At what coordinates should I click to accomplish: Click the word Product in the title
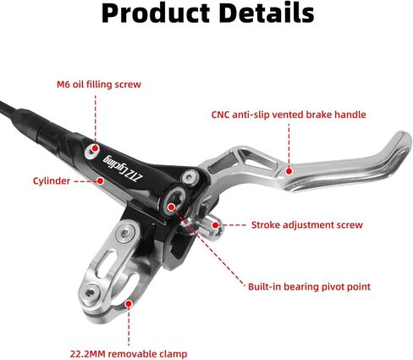(x=156, y=14)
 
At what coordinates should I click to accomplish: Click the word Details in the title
(x=267, y=13)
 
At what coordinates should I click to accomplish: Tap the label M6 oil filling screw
(x=99, y=85)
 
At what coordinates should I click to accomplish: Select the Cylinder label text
(x=52, y=181)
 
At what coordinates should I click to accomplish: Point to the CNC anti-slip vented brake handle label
(x=289, y=114)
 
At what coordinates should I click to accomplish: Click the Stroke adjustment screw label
(x=307, y=225)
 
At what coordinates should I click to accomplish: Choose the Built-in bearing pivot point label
(x=309, y=287)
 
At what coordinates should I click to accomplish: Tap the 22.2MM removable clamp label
(x=129, y=354)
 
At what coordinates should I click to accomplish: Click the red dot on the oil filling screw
(x=96, y=148)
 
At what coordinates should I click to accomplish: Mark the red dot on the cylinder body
(x=100, y=180)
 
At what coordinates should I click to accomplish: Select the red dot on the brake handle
(x=289, y=171)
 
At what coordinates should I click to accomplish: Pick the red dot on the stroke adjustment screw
(x=216, y=225)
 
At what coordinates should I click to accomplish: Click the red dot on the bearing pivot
(x=171, y=208)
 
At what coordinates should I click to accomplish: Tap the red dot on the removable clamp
(x=129, y=304)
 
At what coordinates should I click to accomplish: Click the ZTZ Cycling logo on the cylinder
(x=124, y=169)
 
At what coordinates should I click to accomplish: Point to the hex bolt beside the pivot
(x=190, y=178)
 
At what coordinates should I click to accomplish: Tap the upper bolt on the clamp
(x=125, y=233)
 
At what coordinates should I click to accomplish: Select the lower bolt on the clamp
(x=90, y=293)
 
